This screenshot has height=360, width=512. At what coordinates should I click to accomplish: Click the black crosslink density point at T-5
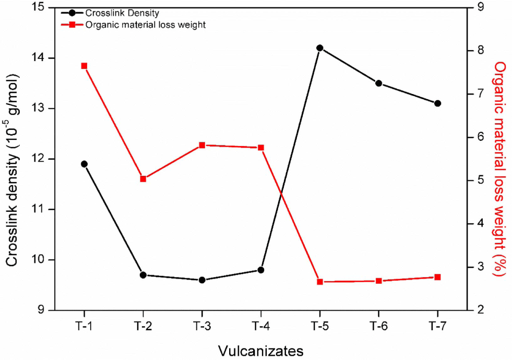(x=319, y=48)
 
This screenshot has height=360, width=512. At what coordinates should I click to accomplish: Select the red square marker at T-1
(x=84, y=66)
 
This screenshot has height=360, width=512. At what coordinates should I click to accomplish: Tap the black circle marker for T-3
(x=202, y=280)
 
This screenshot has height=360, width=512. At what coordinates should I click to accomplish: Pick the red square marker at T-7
(x=437, y=277)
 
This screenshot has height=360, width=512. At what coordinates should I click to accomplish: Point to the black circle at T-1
(x=84, y=164)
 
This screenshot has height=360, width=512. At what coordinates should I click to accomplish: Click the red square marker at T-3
(x=202, y=145)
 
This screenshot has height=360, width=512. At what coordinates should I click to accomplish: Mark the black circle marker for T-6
(x=379, y=83)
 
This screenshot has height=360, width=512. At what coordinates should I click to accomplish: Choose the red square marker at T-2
(x=143, y=179)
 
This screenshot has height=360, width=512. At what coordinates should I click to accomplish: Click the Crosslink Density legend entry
(x=110, y=13)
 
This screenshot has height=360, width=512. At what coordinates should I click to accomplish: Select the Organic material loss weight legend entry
(x=134, y=25)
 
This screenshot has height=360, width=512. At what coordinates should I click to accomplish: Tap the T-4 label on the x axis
(x=260, y=326)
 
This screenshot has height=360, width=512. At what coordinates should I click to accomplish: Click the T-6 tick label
(x=379, y=326)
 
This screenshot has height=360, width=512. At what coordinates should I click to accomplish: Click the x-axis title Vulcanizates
(x=260, y=351)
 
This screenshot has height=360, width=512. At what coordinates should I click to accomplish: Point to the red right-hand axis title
(x=500, y=169)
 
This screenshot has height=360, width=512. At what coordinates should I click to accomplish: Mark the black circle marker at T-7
(x=437, y=103)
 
